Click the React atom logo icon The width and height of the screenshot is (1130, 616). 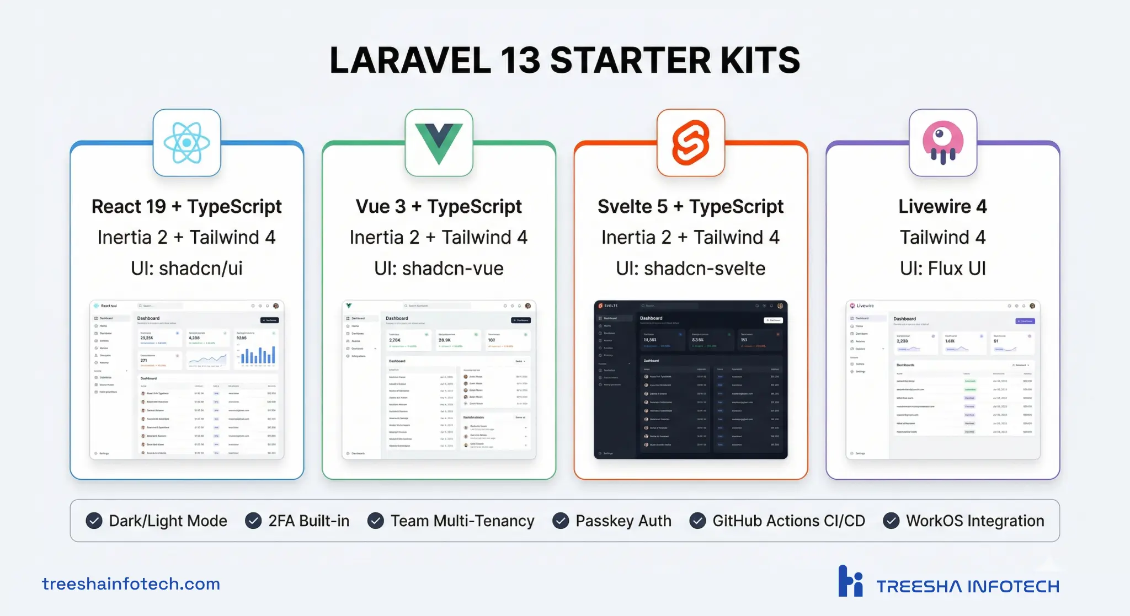pyautogui.click(x=186, y=143)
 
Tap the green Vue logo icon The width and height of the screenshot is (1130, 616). pyautogui.click(x=439, y=143)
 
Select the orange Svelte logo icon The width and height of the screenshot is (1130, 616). pyautogui.click(x=691, y=143)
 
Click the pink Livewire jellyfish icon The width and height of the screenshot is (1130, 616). pyautogui.click(x=943, y=143)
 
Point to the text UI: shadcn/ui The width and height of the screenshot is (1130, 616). pyautogui.click(x=186, y=269)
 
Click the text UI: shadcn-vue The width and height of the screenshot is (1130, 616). pyautogui.click(x=439, y=269)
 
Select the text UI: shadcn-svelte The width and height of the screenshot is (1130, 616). pyautogui.click(x=691, y=269)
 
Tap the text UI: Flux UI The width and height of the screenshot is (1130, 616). pyautogui.click(x=943, y=269)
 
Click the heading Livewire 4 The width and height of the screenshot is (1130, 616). pyautogui.click(x=943, y=207)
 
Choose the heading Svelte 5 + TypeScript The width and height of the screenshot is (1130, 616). pyautogui.click(x=691, y=207)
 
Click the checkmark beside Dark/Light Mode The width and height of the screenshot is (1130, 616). pyautogui.click(x=94, y=521)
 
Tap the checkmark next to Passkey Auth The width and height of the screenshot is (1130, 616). pyautogui.click(x=561, y=521)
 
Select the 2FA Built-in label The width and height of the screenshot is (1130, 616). pyautogui.click(x=308, y=521)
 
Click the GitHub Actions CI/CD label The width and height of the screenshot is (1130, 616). pyautogui.click(x=788, y=521)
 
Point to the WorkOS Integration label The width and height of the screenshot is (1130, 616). pyautogui.click(x=975, y=521)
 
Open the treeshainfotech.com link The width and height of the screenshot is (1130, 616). pyautogui.click(x=131, y=583)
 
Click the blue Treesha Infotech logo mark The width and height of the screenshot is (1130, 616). pyautogui.click(x=850, y=581)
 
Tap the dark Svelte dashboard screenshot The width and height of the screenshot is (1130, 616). pyautogui.click(x=691, y=380)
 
